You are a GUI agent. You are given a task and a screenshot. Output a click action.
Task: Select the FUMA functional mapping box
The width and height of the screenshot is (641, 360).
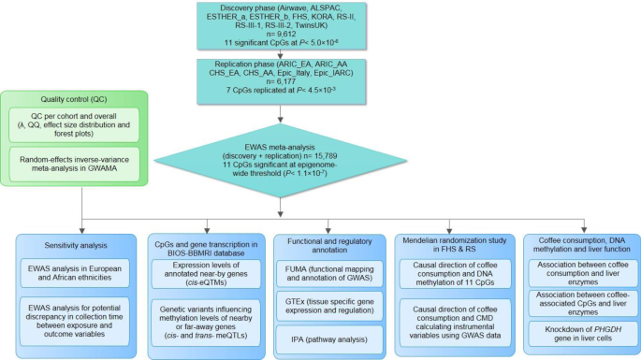coord(321,270)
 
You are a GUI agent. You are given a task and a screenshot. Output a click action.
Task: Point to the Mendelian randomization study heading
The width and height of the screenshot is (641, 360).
coord(445,246)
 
